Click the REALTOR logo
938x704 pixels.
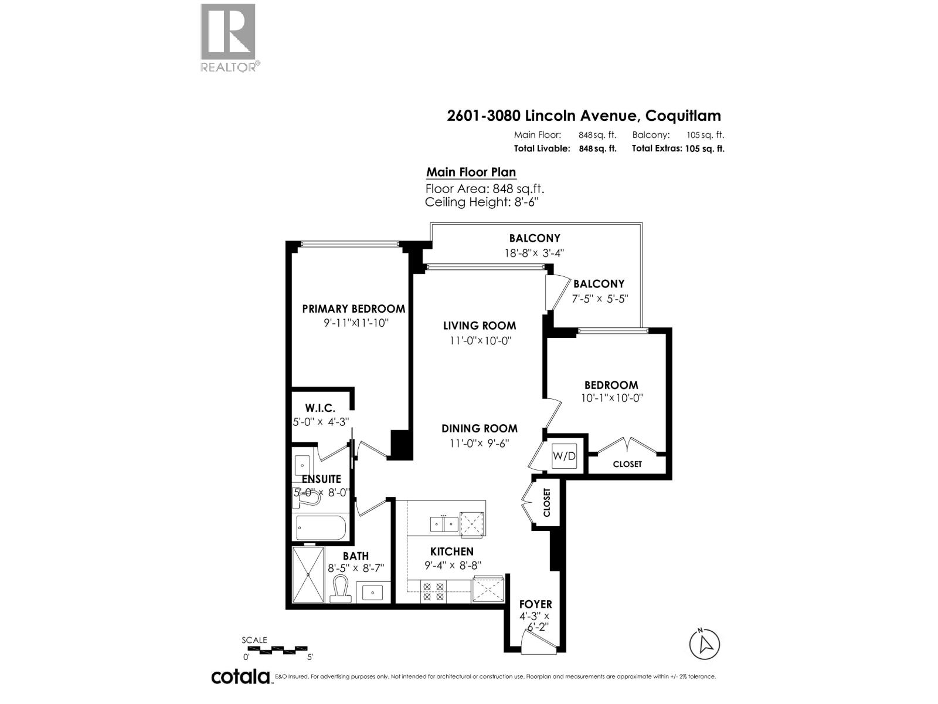pos(229,38)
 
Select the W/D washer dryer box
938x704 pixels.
pos(565,456)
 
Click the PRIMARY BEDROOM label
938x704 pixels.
pos(354,309)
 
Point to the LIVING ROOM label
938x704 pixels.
pos(480,326)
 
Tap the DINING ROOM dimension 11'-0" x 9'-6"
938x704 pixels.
pos(480,444)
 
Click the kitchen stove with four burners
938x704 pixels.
pos(433,591)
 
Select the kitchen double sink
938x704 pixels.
pos(443,523)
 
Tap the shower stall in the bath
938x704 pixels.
pos(308,574)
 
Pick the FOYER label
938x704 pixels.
pos(535,604)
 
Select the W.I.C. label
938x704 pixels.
pos(320,408)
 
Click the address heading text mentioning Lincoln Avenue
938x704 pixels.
pos(583,116)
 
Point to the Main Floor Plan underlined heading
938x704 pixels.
pos(471,172)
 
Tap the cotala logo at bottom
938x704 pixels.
pos(240,676)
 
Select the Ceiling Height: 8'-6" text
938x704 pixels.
pos(482,202)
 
